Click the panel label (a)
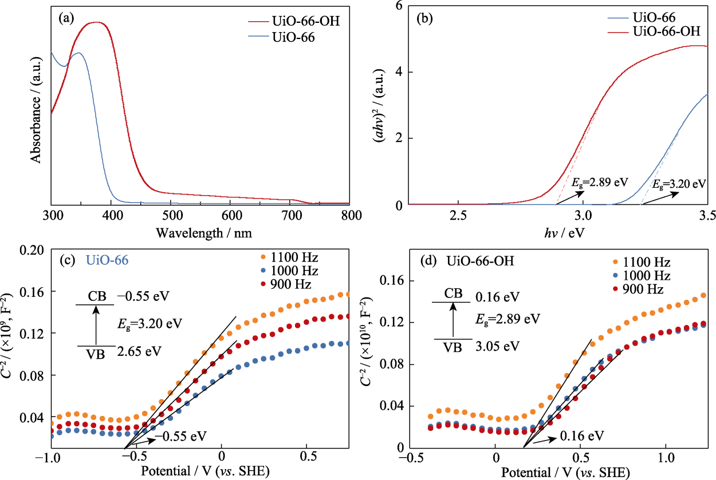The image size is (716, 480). [66, 18]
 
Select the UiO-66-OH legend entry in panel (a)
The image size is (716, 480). [294, 21]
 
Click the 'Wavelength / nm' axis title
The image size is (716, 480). [203, 233]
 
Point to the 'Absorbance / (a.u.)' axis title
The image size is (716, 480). [36, 110]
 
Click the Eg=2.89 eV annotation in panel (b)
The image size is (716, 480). [600, 183]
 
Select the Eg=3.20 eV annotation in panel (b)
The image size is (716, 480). [679, 184]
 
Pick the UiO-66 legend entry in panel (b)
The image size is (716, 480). [642, 18]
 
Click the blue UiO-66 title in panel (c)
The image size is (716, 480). [107, 260]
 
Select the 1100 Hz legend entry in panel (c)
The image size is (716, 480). [290, 257]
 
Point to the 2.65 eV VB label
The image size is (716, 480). [139, 351]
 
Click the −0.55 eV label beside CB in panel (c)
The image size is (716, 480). [143, 296]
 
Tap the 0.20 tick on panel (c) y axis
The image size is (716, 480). [32, 250]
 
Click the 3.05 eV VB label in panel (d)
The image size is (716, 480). [498, 346]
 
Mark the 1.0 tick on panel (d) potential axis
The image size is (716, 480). [666, 458]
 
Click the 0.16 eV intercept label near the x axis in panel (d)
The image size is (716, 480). [582, 435]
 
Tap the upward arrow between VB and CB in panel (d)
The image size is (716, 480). [453, 319]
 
